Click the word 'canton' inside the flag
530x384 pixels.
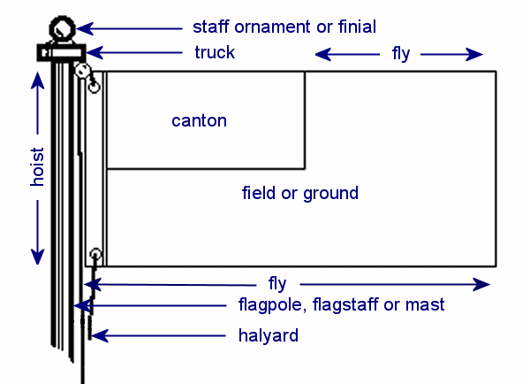(x=199, y=120)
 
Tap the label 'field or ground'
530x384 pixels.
(x=300, y=192)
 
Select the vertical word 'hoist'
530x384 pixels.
(x=37, y=166)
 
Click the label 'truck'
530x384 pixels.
(x=215, y=52)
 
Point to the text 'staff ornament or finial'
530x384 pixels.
(x=284, y=26)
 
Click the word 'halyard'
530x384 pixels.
(x=269, y=335)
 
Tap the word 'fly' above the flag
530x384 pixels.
(x=401, y=54)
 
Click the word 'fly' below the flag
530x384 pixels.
(x=277, y=284)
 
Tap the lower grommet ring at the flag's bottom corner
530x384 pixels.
(x=96, y=257)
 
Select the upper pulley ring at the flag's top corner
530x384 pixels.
(x=82, y=70)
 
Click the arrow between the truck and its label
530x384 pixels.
(x=132, y=53)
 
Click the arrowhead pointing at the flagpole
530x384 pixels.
(x=83, y=306)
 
